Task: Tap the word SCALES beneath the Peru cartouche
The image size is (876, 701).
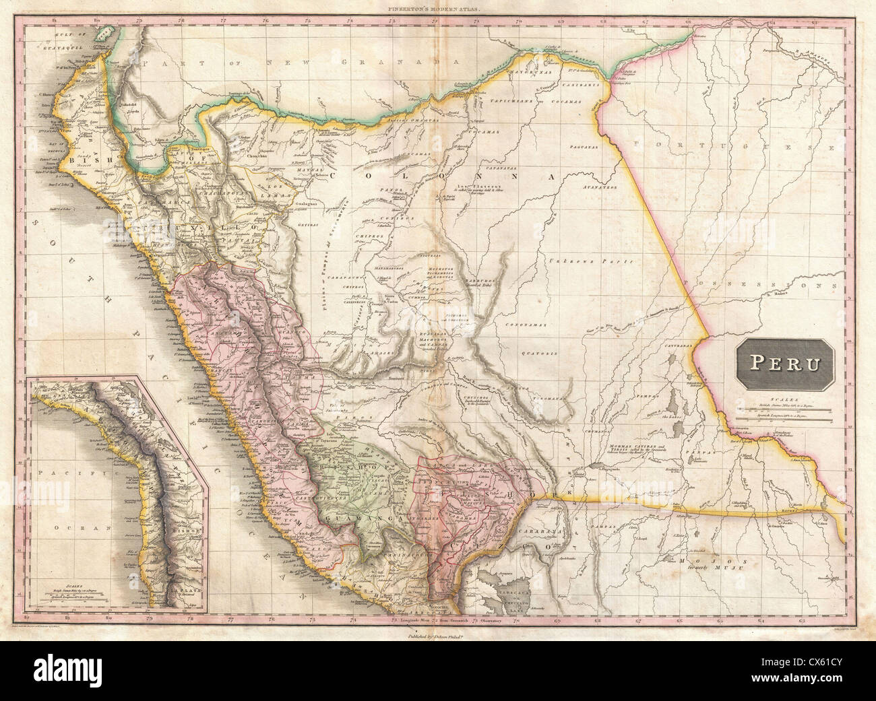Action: [x=784, y=399]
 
